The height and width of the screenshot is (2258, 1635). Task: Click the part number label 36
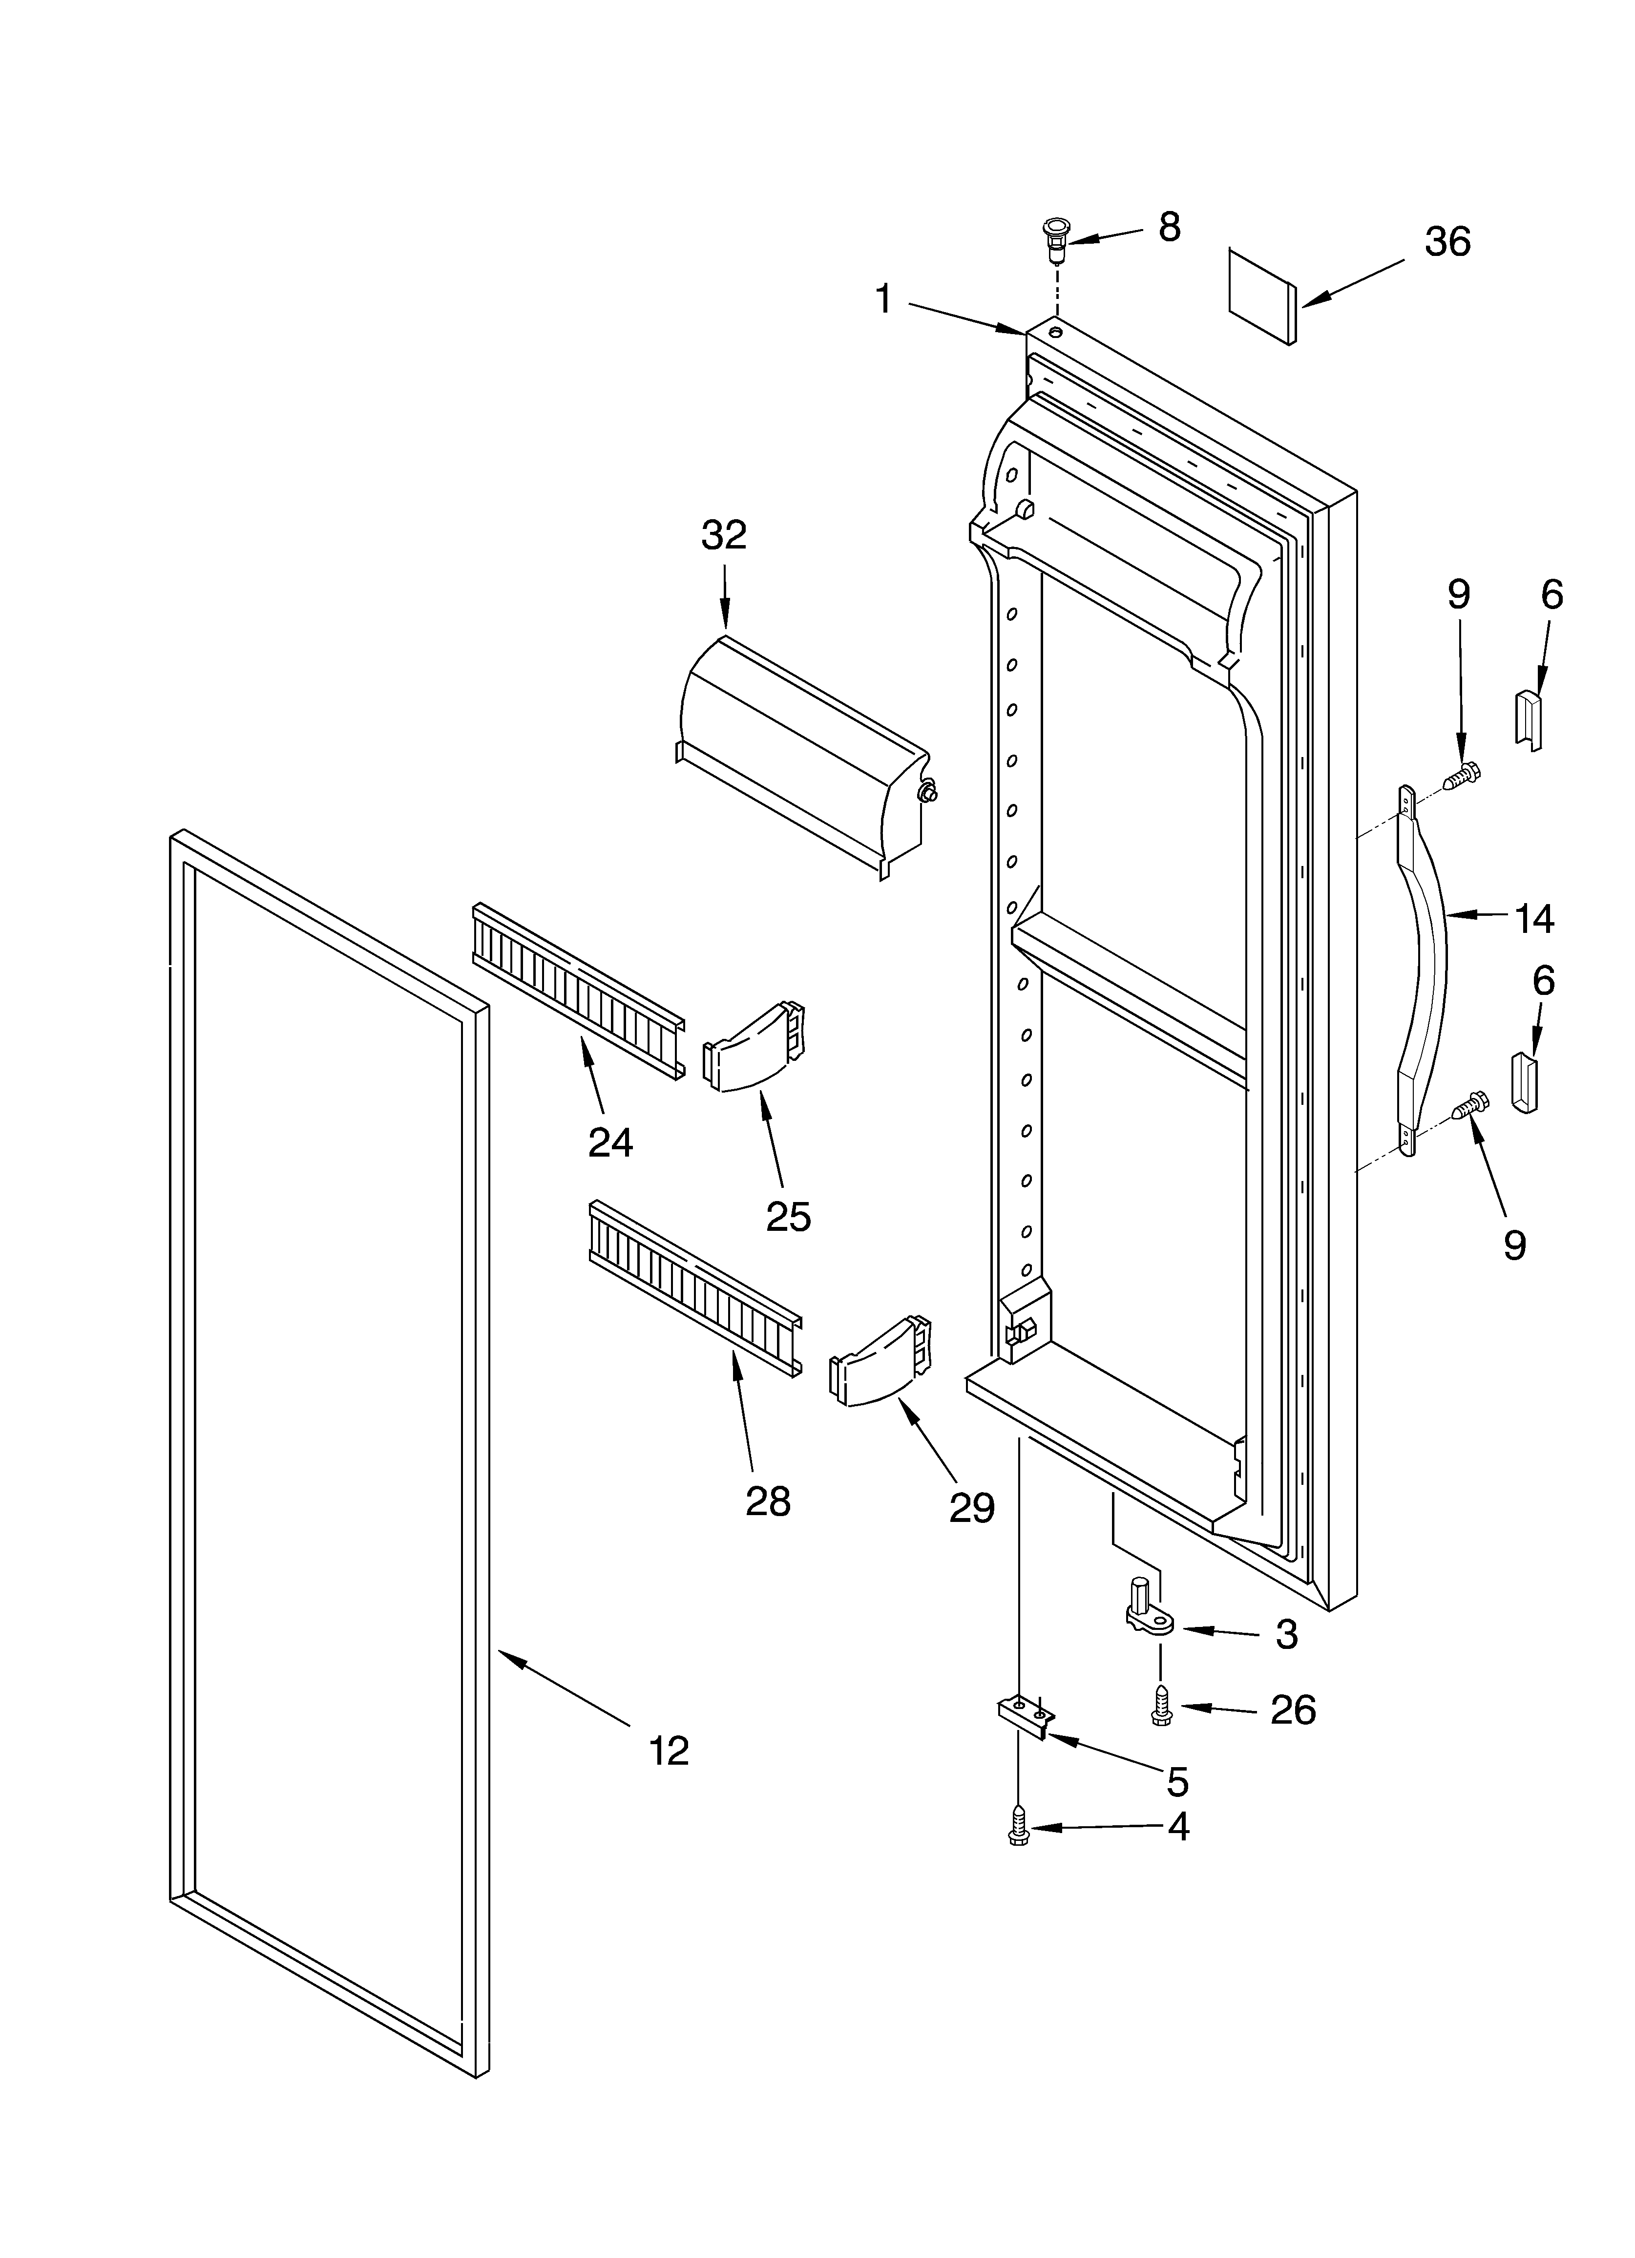(x=1447, y=242)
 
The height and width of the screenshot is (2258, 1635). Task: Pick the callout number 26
(x=1294, y=1709)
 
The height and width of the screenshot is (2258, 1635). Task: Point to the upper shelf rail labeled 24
(x=578, y=991)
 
